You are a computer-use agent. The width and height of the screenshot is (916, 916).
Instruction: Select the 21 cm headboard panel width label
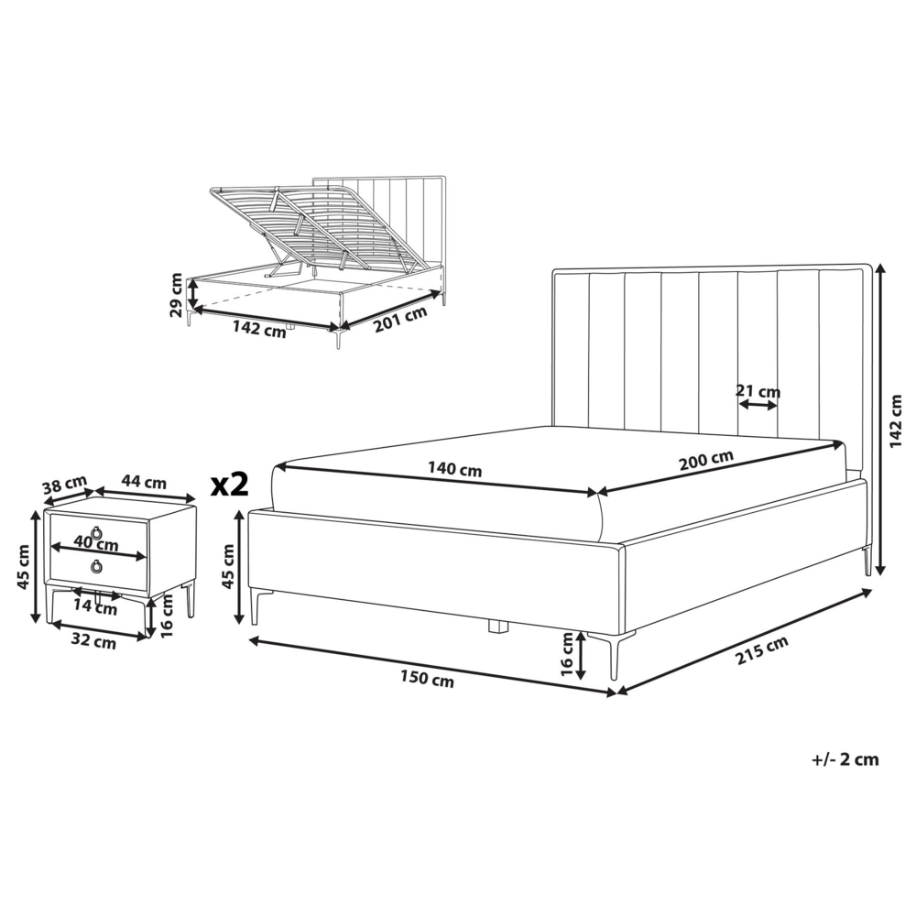point(758,392)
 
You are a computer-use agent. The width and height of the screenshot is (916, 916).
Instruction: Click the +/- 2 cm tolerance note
point(845,758)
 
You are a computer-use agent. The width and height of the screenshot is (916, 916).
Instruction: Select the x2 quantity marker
point(229,484)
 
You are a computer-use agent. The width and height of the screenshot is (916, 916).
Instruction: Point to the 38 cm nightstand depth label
point(64,483)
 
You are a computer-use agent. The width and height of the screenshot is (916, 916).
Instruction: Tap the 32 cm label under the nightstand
point(93,642)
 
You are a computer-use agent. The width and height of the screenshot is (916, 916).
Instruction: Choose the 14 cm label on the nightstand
point(95,605)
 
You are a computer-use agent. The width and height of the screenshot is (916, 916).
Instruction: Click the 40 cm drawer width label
point(97,544)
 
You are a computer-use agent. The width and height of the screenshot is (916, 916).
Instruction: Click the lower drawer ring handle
point(96,567)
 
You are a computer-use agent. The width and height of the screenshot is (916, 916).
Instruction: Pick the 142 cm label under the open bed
point(260,332)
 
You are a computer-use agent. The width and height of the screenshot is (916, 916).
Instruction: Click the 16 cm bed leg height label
point(567,655)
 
